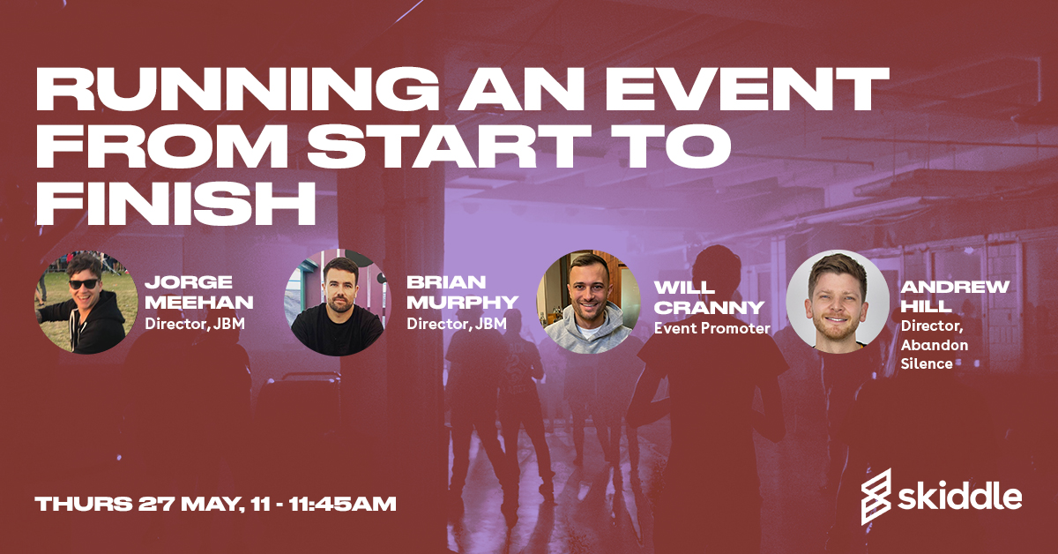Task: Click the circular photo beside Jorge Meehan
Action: [x=86, y=302]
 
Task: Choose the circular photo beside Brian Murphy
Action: [x=335, y=302]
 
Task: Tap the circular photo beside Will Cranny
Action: [x=588, y=302]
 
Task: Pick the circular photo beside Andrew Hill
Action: [x=838, y=302]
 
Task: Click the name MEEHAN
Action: [x=199, y=303]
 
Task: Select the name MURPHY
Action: [x=462, y=303]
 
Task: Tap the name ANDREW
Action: [x=955, y=288]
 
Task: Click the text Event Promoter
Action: [x=712, y=329]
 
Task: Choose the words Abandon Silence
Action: [x=934, y=355]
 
